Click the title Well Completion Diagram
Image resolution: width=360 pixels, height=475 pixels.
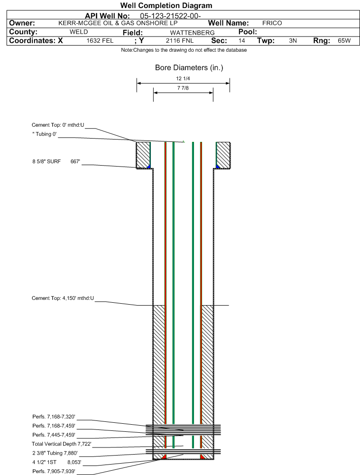click(x=166, y=5)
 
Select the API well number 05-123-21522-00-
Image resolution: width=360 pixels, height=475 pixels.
click(x=170, y=16)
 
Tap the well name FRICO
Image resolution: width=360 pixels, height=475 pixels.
click(x=272, y=23)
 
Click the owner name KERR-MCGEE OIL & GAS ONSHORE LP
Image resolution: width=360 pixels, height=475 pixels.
click(x=118, y=23)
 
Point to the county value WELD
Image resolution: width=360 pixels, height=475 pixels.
click(x=79, y=32)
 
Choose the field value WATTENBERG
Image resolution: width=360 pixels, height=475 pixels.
click(x=192, y=33)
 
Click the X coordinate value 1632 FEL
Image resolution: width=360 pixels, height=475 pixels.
click(x=100, y=41)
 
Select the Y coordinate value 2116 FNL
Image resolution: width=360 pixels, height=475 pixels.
click(x=180, y=41)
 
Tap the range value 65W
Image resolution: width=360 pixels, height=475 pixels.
click(x=344, y=41)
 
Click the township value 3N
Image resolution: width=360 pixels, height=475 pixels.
click(x=293, y=41)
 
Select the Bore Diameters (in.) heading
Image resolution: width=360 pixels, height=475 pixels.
click(x=189, y=67)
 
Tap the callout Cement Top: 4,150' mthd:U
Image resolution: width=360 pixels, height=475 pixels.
click(x=63, y=298)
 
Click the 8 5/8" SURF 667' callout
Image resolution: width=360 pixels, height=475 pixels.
click(x=56, y=161)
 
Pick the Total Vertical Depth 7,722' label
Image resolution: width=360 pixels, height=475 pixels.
click(x=62, y=444)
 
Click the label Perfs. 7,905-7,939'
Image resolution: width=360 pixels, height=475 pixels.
click(x=54, y=471)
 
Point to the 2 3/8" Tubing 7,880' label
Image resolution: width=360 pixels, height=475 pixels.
click(x=55, y=453)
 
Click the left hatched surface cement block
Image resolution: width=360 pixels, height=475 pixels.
click(x=143, y=155)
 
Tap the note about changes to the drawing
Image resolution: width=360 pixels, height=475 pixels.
click(x=184, y=50)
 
